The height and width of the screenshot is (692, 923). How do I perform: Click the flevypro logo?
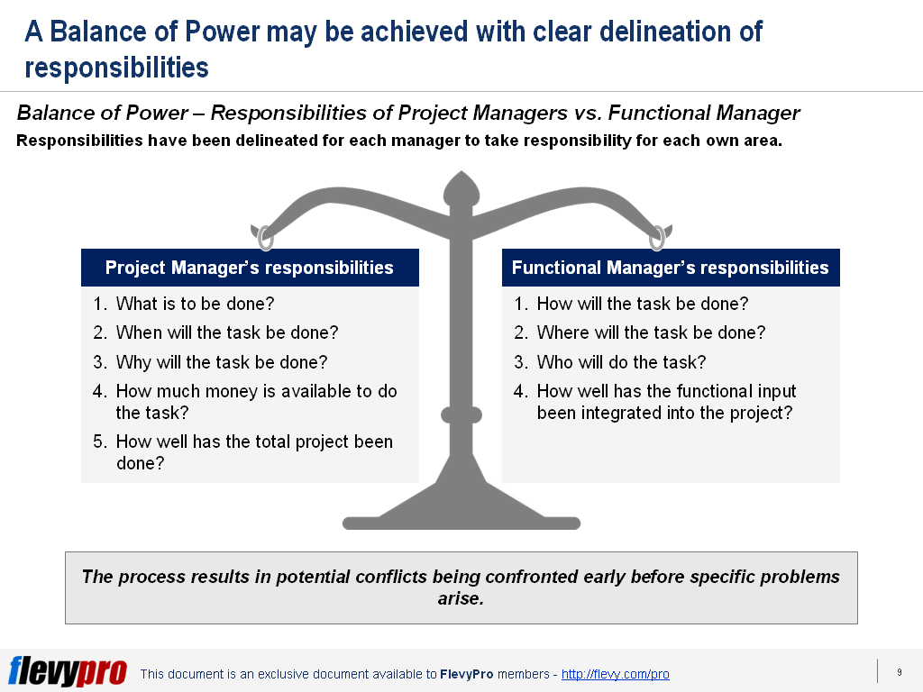[x=68, y=670]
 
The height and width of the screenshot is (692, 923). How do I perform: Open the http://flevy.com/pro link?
[x=615, y=674]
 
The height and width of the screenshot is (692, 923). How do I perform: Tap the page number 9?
[x=899, y=672]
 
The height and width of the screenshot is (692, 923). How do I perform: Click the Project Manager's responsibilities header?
[x=250, y=268]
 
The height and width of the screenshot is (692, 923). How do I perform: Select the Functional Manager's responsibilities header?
[x=671, y=268]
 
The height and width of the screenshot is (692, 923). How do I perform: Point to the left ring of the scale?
[x=266, y=238]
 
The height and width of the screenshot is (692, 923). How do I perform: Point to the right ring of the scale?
[x=657, y=238]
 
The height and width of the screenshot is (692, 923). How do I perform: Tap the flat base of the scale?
[x=461, y=524]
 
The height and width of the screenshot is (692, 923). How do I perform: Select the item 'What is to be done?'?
[x=195, y=304]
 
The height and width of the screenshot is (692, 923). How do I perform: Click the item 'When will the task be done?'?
[x=227, y=332]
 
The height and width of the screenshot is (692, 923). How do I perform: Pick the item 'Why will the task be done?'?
[x=222, y=362]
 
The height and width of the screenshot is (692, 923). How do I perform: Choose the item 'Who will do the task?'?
[x=621, y=362]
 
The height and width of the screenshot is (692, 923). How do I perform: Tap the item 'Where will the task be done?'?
[x=651, y=332]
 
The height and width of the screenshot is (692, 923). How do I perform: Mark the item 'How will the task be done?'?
[x=642, y=304]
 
